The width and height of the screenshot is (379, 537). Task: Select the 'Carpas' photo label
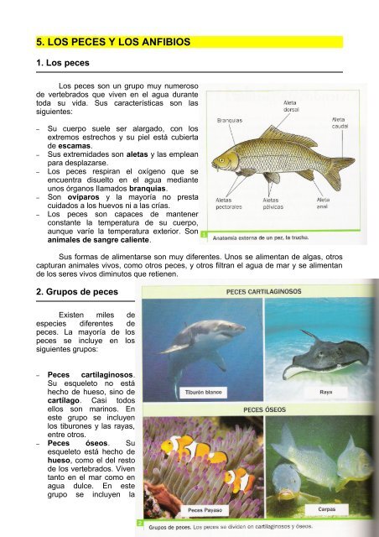pyautogui.click(x=328, y=508)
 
